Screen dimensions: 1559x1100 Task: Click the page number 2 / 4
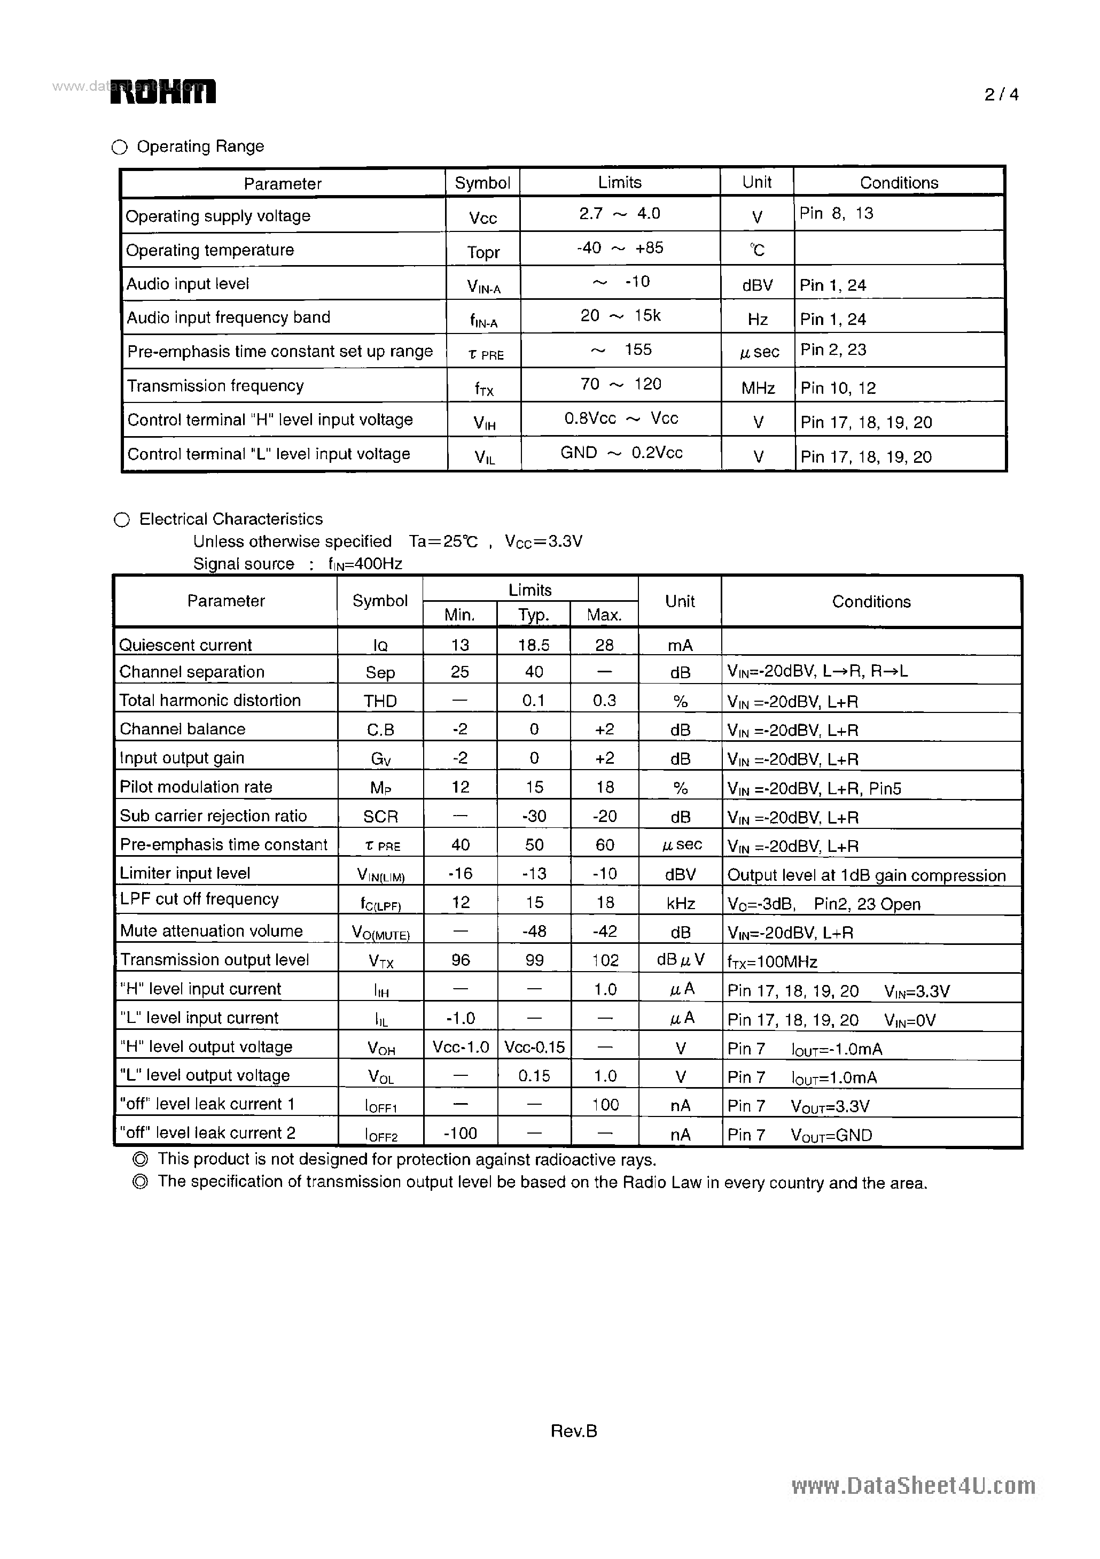pyautogui.click(x=1001, y=95)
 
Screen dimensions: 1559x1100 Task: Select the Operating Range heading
pyautogui.click(x=200, y=146)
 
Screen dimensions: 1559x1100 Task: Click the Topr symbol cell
pyautogui.click(x=483, y=252)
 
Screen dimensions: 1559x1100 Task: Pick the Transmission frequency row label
pyautogui.click(x=215, y=386)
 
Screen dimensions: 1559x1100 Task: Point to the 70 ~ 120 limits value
pyautogui.click(x=620, y=384)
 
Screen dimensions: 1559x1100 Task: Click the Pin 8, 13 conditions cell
pyautogui.click(x=836, y=214)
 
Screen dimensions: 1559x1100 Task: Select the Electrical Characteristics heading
pyautogui.click(x=231, y=519)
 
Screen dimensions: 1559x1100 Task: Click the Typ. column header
pyautogui.click(x=533, y=615)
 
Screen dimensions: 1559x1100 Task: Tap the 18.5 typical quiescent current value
pyautogui.click(x=533, y=645)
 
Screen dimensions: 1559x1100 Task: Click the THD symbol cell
pyautogui.click(x=380, y=701)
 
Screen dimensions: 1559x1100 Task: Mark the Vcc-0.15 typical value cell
pyautogui.click(x=534, y=1047)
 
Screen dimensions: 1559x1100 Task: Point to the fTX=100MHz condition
pyautogui.click(x=772, y=961)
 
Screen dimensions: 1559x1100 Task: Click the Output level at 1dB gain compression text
pyautogui.click(x=866, y=875)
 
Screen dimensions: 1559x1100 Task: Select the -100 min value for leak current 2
pyautogui.click(x=460, y=1133)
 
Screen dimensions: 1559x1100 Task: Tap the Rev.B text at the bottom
pyautogui.click(x=573, y=1431)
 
